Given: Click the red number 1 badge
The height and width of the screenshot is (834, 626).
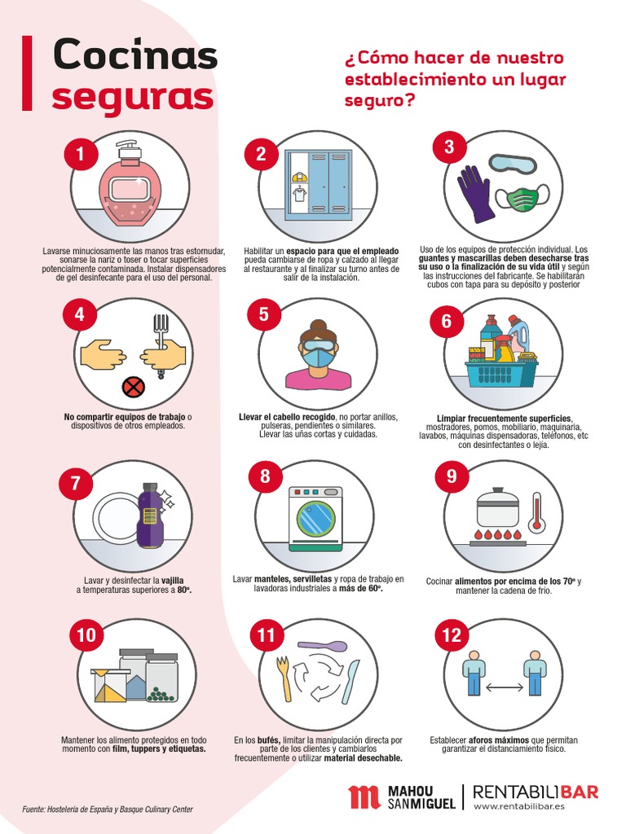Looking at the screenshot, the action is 81,154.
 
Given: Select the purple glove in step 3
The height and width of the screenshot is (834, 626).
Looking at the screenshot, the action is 476,194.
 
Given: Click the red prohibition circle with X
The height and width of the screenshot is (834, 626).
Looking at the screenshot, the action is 133,386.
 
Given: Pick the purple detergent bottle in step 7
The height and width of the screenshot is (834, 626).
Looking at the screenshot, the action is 150,515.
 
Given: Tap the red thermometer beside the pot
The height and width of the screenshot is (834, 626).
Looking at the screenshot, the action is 536,511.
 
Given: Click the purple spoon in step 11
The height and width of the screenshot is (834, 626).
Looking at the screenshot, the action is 323,645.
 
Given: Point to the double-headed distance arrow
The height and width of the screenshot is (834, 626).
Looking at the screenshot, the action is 504,687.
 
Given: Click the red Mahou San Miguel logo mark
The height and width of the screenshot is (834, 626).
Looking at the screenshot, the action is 364,797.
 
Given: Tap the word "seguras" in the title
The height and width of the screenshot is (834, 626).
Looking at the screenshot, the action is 133,98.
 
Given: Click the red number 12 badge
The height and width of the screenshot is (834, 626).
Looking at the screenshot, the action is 452,634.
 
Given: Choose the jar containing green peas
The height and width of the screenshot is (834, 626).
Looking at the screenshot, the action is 161,678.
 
